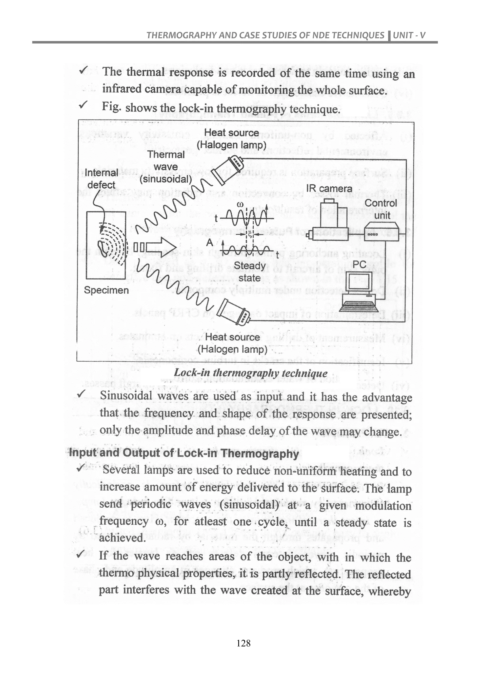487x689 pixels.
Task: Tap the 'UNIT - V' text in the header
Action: pyautogui.click(x=409, y=35)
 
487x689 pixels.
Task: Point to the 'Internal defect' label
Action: pyautogui.click(x=101, y=178)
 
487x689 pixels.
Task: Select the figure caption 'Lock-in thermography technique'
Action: pyautogui.click(x=251, y=373)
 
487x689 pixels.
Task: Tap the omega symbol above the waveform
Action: pyautogui.click(x=240, y=205)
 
